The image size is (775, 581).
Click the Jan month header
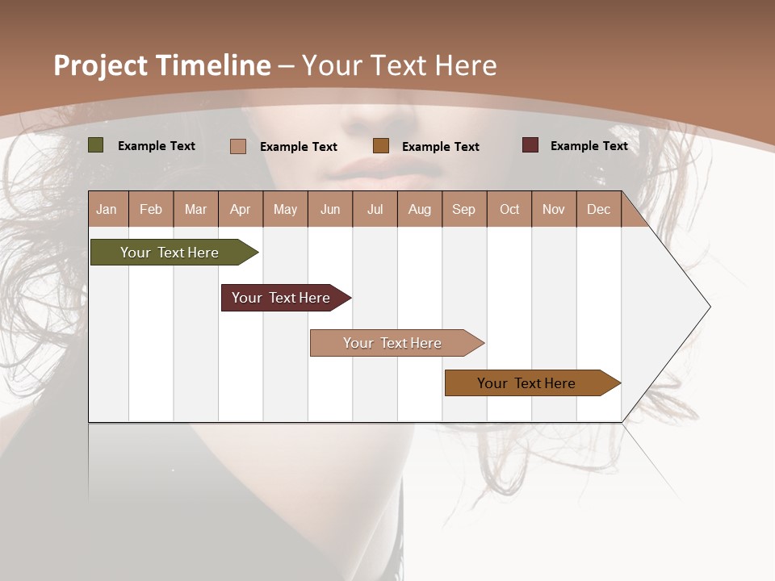(x=107, y=209)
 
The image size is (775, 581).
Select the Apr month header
(x=240, y=209)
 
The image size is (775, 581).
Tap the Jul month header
(x=375, y=209)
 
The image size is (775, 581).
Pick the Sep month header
(x=463, y=209)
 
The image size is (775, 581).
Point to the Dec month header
(x=598, y=209)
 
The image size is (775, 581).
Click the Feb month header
(x=151, y=209)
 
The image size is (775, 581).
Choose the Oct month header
(x=509, y=209)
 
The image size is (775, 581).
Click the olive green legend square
(x=95, y=145)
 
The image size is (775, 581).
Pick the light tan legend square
(x=238, y=146)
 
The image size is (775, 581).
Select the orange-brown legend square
(x=381, y=146)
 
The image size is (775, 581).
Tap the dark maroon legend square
(x=530, y=145)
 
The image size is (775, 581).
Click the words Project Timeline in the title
(x=161, y=65)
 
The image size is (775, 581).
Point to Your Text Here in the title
(x=399, y=65)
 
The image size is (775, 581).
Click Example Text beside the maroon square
(x=589, y=146)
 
